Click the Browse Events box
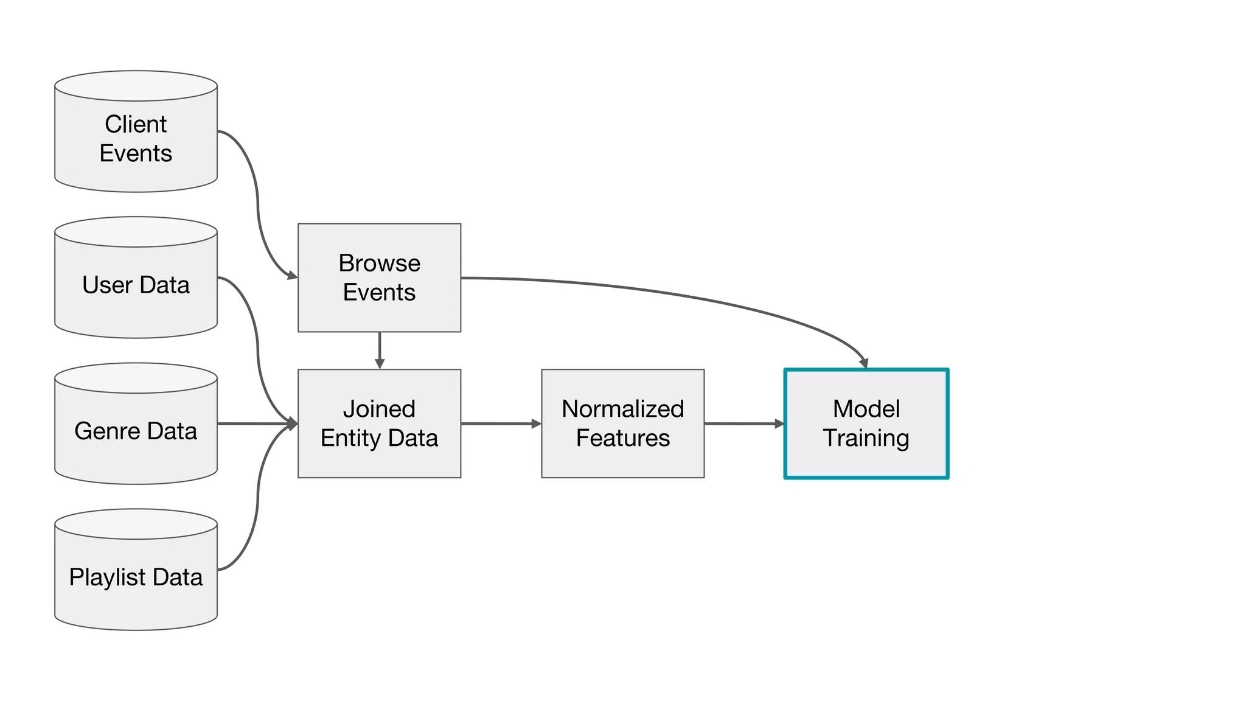coord(379,277)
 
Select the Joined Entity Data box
coord(379,424)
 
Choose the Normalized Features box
coord(622,424)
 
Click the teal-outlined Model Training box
coord(866,424)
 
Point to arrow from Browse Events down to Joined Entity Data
coord(380,349)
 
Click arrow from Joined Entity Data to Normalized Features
coord(500,424)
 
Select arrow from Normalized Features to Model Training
coord(743,424)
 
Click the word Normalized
coord(622,409)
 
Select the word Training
coord(866,438)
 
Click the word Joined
coord(379,409)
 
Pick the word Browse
coord(379,263)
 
